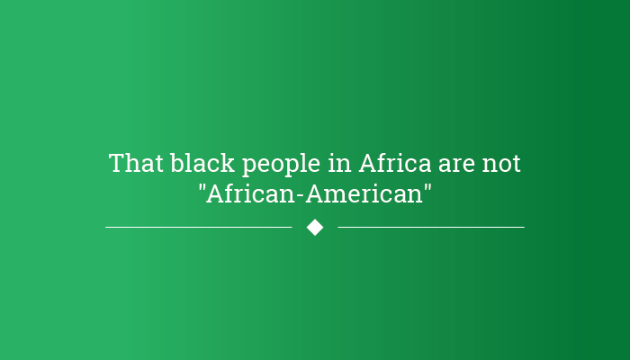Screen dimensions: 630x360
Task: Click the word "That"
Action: [136, 163]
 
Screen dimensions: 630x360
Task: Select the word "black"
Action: [202, 163]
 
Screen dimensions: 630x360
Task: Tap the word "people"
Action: [281, 165]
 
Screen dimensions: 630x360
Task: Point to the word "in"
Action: [339, 163]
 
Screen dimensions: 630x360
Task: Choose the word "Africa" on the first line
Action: [394, 163]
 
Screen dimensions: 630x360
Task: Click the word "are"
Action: [456, 166]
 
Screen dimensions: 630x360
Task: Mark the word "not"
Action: [501, 164]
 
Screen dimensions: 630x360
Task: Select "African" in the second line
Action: [250, 193]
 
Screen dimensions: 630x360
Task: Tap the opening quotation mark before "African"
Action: [202, 186]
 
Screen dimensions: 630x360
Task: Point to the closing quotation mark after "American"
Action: [427, 186]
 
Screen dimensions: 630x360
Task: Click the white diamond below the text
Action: [315, 228]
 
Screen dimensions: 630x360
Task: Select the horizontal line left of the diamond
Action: [199, 228]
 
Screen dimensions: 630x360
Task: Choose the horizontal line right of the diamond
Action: [431, 228]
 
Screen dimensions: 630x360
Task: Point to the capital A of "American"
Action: [315, 193]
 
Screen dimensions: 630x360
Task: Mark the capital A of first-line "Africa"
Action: [369, 163]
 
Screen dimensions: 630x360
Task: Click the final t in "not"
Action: [517, 164]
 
